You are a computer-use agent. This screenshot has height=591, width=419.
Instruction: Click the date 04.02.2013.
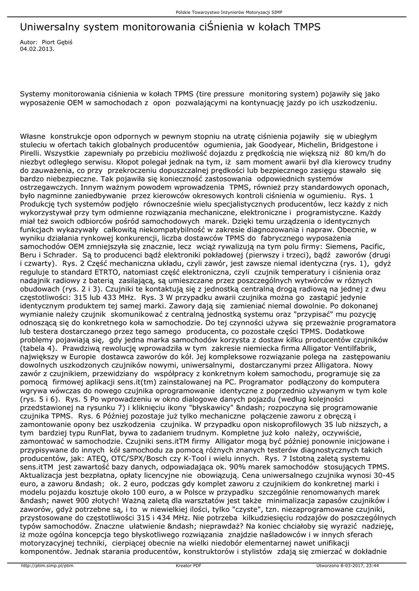pyautogui.click(x=37, y=49)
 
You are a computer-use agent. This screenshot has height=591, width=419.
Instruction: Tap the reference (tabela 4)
pyautogui.click(x=39, y=349)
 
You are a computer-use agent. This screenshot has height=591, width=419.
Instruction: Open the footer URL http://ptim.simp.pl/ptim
pyautogui.click(x=47, y=566)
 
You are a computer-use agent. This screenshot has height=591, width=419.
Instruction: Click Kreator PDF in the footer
pyautogui.click(x=188, y=566)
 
